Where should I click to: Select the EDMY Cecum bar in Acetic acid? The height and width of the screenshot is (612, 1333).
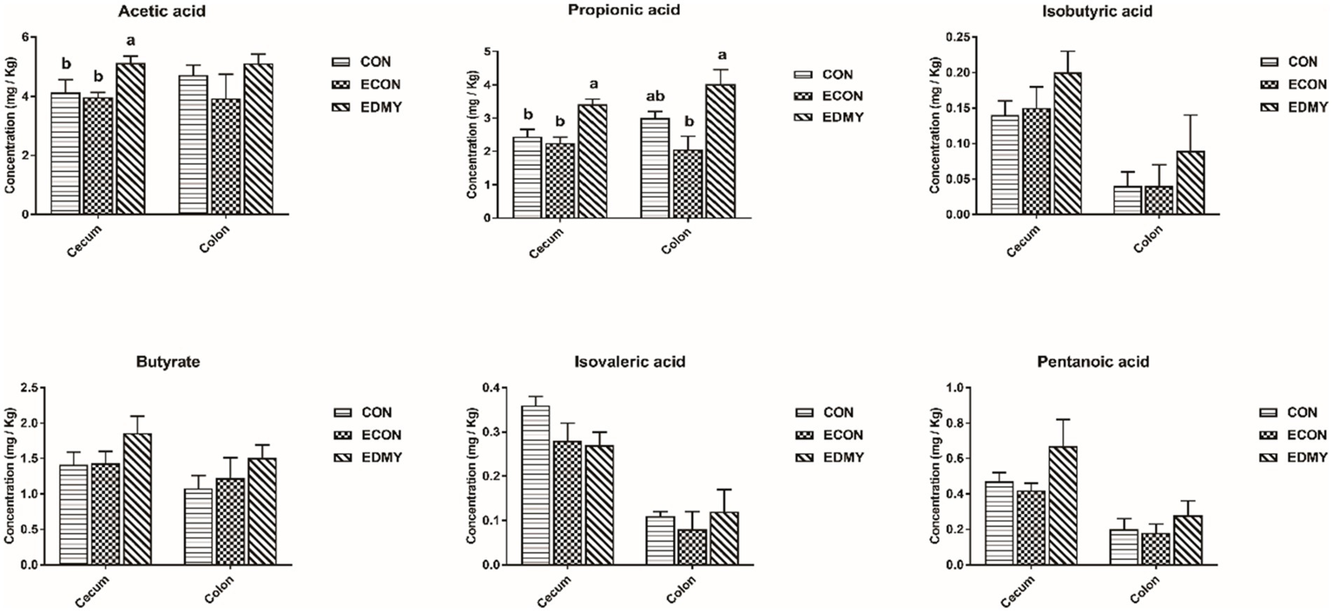tap(131, 139)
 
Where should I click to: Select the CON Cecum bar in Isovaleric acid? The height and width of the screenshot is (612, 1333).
tap(535, 485)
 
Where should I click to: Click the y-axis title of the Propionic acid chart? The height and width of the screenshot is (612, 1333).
tap(472, 135)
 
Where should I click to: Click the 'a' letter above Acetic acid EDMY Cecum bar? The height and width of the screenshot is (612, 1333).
tap(131, 41)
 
